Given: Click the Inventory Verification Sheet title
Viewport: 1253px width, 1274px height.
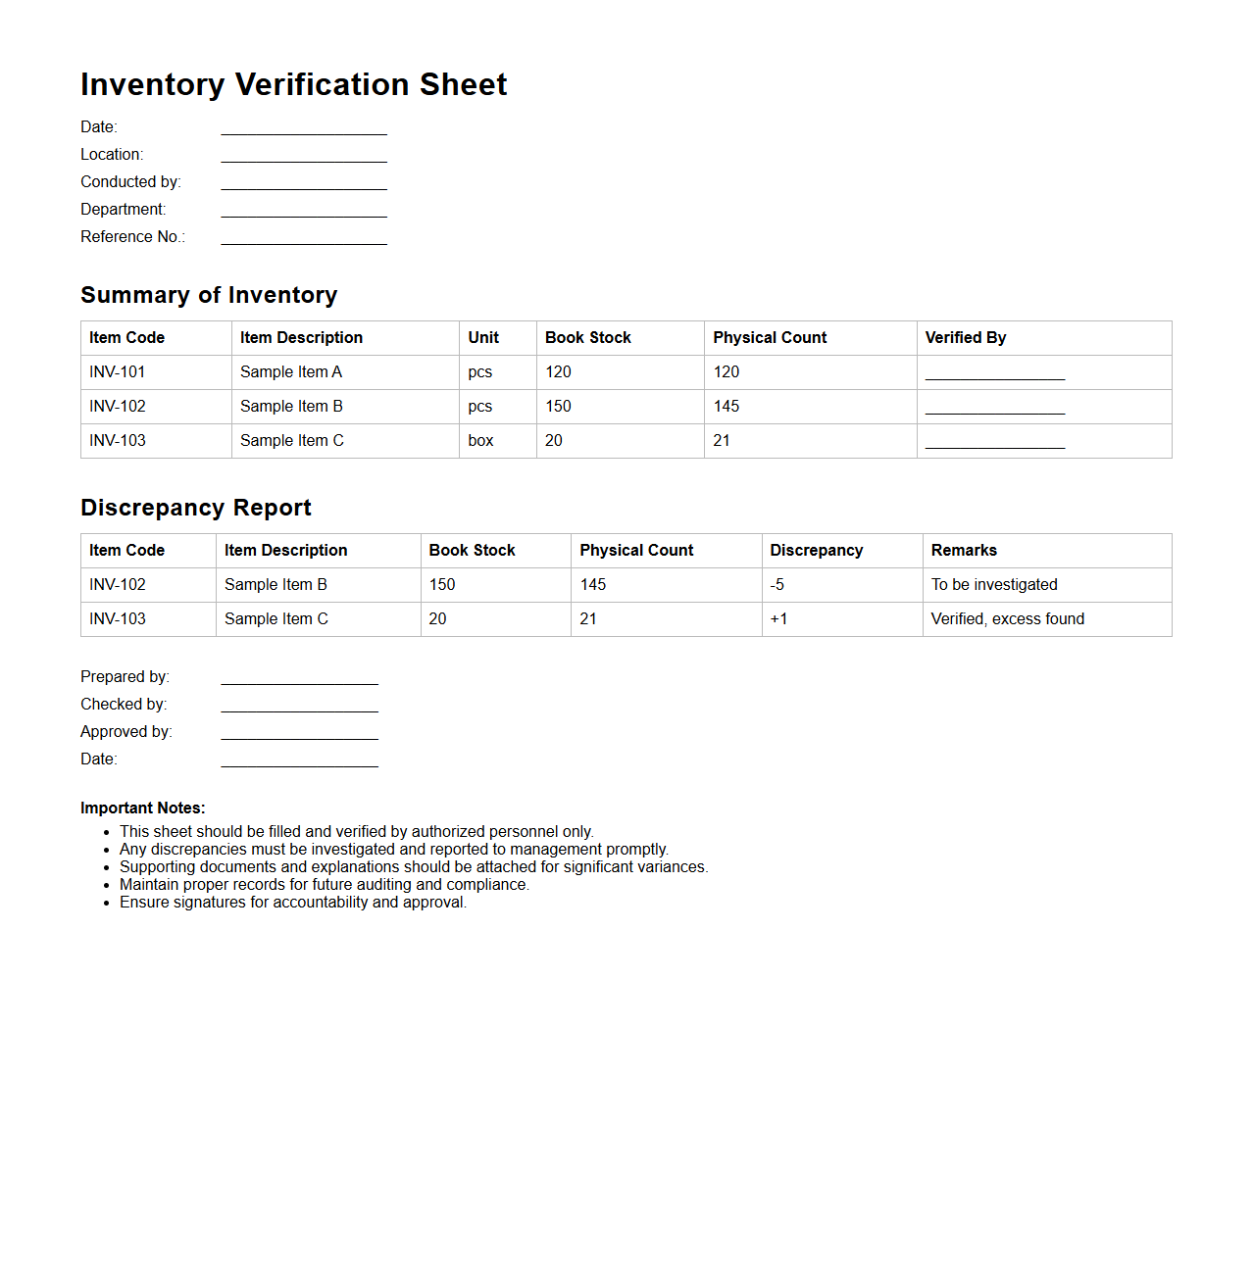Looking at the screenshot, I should pyautogui.click(x=293, y=84).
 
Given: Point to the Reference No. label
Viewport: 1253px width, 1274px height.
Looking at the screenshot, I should pyautogui.click(x=132, y=237).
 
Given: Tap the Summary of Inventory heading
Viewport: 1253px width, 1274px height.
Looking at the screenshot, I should pyautogui.click(x=209, y=295).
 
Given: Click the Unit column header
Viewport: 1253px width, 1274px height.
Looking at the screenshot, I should pyautogui.click(x=483, y=338).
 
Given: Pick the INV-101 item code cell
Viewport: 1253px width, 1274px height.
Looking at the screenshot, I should pyautogui.click(x=118, y=372).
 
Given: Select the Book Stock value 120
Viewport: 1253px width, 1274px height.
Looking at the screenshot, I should pyautogui.click(x=558, y=372).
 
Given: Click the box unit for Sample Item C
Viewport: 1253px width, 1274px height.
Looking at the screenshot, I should pyautogui.click(x=480, y=441).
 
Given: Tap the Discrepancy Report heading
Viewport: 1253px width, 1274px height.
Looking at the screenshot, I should pyautogui.click(x=196, y=508).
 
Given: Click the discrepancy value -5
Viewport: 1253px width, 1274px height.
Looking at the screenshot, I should pyautogui.click(x=777, y=585).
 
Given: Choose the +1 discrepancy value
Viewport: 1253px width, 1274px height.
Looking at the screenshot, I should pyautogui.click(x=778, y=619).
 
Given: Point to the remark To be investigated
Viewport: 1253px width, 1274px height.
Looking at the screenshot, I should pyautogui.click(x=994, y=585).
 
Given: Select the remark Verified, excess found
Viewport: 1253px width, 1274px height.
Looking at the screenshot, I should pyautogui.click(x=1007, y=619).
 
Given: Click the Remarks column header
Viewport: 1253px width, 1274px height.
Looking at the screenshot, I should pyautogui.click(x=964, y=551).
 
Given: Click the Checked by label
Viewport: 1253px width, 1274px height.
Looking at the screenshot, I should pyautogui.click(x=124, y=705).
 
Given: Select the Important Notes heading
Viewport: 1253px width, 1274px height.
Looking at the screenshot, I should pyautogui.click(x=143, y=808).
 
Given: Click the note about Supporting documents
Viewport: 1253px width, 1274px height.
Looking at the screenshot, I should pyautogui.click(x=413, y=867).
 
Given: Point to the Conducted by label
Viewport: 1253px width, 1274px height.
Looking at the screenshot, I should pyautogui.click(x=130, y=182).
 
